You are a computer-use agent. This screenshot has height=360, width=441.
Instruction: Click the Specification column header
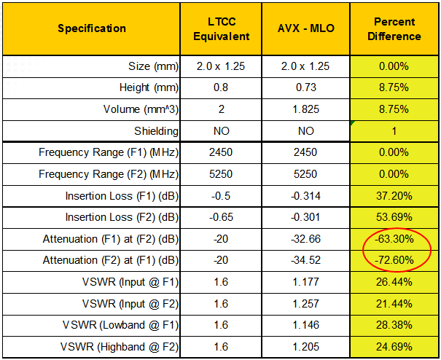coord(92,29)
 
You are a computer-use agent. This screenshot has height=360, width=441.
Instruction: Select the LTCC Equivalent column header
coord(225,29)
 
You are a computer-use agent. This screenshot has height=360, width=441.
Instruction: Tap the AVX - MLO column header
coord(306,29)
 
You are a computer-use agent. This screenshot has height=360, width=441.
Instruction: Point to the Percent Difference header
coord(394,29)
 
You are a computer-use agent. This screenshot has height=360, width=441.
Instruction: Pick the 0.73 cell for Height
coord(306,88)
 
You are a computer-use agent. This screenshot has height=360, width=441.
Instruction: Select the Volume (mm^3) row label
coord(133,110)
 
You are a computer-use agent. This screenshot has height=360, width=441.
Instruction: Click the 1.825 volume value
coord(306,110)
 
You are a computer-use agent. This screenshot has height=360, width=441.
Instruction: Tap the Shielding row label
coord(155,131)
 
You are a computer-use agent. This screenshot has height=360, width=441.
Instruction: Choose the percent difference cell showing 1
coord(394,131)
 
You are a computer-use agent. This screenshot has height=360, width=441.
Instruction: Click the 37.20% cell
coord(394,196)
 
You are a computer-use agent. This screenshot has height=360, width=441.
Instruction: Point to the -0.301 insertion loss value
coord(306,217)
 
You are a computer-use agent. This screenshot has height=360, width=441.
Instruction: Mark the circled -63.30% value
coord(394,238)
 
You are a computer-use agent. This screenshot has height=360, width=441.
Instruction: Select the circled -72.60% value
coord(394,260)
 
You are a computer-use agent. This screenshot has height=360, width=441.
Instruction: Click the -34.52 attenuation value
coord(306,260)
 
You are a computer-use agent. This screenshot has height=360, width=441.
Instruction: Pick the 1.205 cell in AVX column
coord(306,346)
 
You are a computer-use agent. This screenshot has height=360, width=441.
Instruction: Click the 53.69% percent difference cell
coord(394,217)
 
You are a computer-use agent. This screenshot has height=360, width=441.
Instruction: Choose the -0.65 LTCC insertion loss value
coord(225,217)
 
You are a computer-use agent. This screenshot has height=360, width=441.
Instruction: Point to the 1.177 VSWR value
coord(306,282)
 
